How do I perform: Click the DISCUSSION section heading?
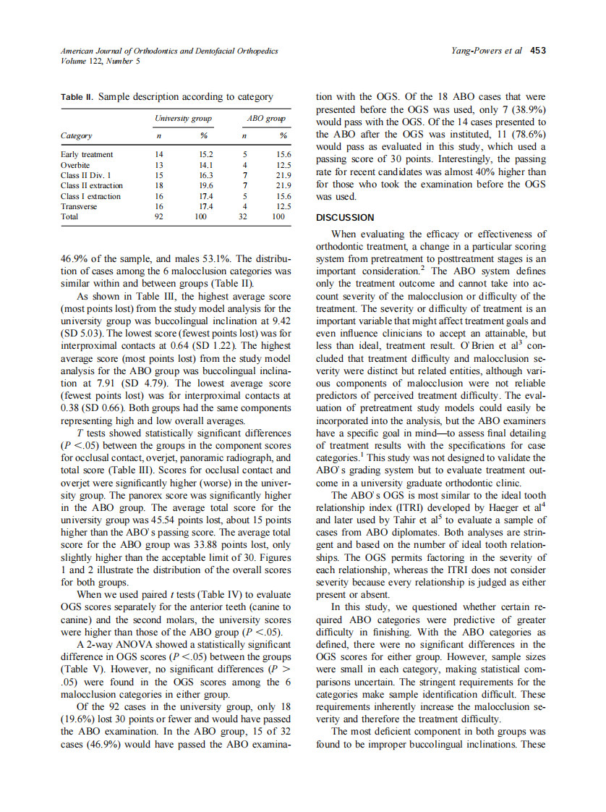(x=346, y=218)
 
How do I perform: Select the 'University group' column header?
(x=183, y=117)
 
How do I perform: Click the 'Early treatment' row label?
(x=87, y=154)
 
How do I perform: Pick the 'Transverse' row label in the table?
(x=80, y=206)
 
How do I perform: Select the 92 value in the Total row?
(x=160, y=216)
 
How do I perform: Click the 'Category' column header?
(x=76, y=136)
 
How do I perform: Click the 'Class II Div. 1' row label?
(x=86, y=175)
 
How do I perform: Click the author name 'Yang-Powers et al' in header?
(x=486, y=51)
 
